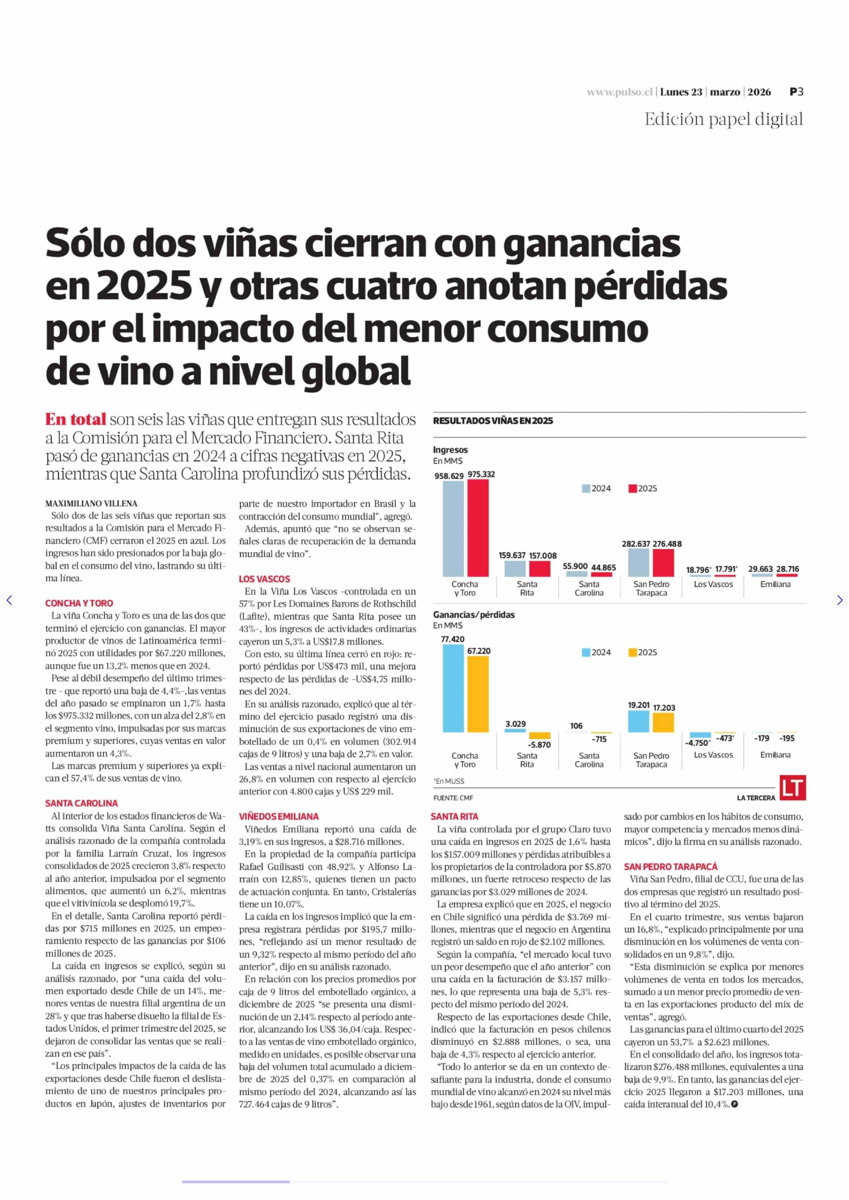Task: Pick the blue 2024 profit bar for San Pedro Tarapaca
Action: click(638, 721)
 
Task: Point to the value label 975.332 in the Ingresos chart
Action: click(481, 474)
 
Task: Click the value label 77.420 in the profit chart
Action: click(453, 639)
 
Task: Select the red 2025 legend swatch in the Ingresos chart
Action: click(633, 488)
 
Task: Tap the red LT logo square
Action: click(793, 787)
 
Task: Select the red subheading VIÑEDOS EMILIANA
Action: click(279, 816)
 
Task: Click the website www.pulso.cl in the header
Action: click(620, 92)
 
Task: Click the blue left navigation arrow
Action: click(9, 600)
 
